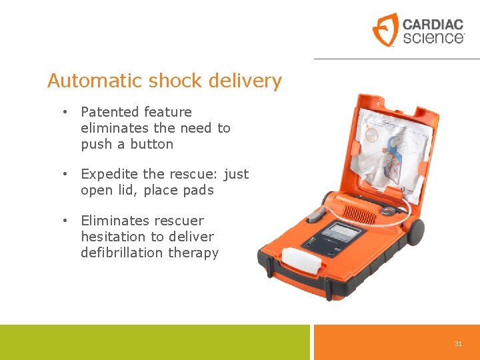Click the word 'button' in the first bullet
[x=152, y=144]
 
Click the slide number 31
[x=458, y=343]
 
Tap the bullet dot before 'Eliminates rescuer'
[x=66, y=221]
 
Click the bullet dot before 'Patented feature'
[x=66, y=112]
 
